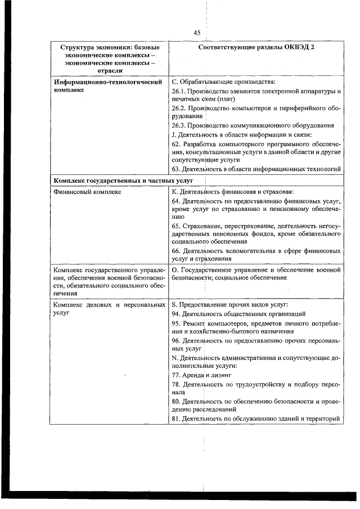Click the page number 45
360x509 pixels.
pyautogui.click(x=197, y=33)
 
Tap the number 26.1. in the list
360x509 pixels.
pyautogui.click(x=179, y=91)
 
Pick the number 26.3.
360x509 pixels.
pyautogui.click(x=179, y=125)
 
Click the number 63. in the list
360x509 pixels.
pyautogui.click(x=175, y=169)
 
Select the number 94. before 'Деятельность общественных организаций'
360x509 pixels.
pyautogui.click(x=175, y=313)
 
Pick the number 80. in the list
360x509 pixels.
pyautogui.click(x=175, y=401)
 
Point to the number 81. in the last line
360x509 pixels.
pyautogui.click(x=175, y=418)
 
